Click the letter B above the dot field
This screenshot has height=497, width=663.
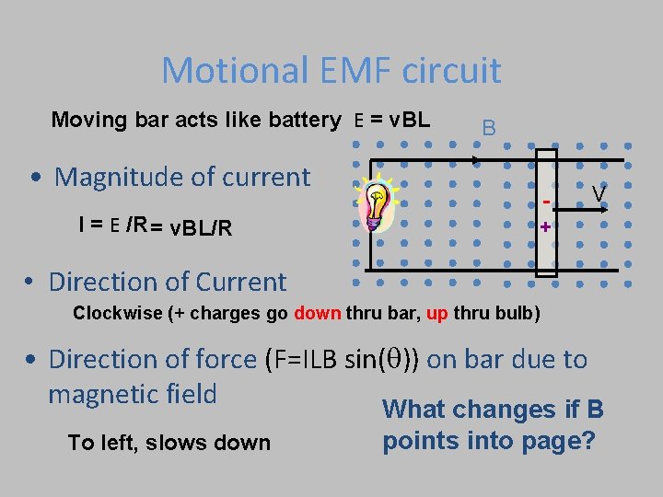(489, 128)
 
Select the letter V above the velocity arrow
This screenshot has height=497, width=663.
(599, 194)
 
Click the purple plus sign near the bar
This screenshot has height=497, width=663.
(546, 227)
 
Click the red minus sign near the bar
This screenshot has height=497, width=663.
(546, 200)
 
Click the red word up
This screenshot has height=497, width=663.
(437, 312)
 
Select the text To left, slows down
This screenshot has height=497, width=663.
(169, 443)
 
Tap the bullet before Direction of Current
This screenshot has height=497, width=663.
(31, 282)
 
